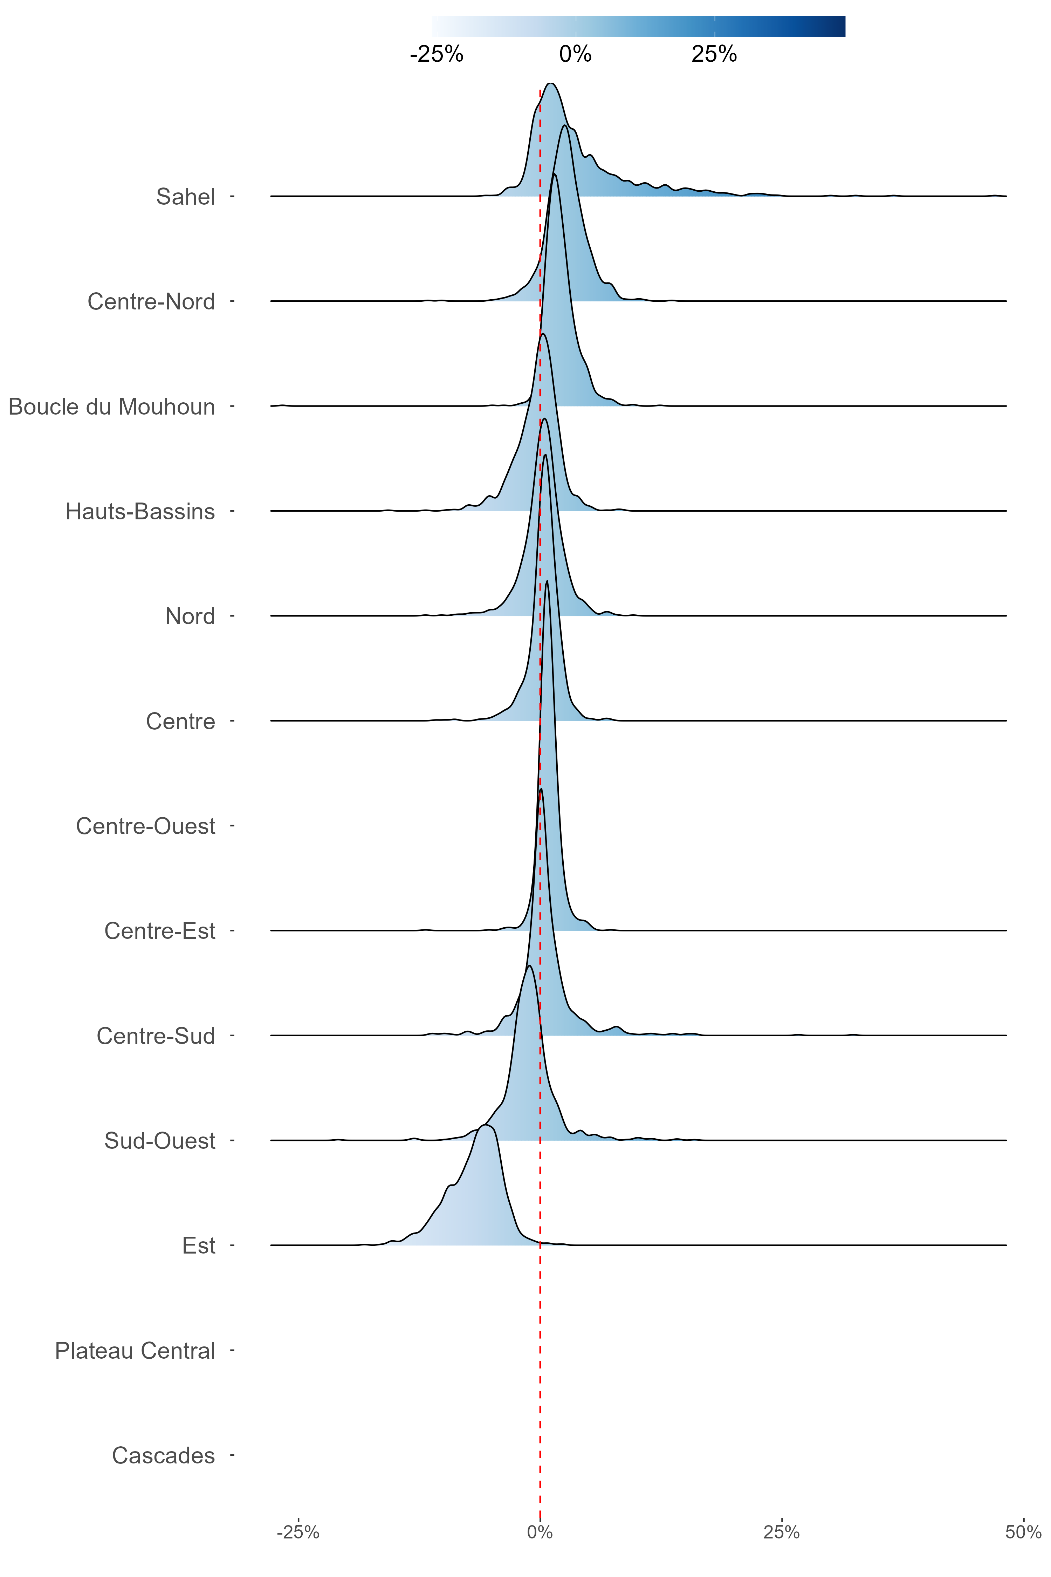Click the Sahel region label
186,197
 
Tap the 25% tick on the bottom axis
782,1532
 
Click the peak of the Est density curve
486,1125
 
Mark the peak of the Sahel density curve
551,83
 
